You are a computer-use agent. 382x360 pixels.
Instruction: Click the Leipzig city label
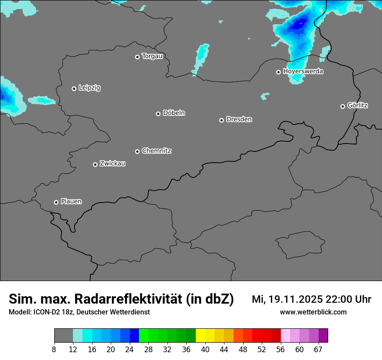[x=89, y=88]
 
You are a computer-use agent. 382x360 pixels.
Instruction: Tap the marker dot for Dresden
[x=221, y=120]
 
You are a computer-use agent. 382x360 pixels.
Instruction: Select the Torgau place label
[x=152, y=56]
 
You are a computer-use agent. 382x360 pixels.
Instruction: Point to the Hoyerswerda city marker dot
[x=279, y=72]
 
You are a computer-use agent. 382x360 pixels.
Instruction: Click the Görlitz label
[x=358, y=105]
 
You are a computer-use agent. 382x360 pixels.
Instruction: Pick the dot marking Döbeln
[x=158, y=114]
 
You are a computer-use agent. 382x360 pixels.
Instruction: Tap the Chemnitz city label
[x=157, y=151]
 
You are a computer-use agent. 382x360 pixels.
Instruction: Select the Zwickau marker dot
[x=95, y=164]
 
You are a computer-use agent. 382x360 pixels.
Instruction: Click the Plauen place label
[x=71, y=201]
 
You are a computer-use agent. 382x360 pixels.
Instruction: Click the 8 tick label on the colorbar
[x=54, y=350]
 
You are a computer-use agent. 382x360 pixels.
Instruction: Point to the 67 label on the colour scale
[x=318, y=350]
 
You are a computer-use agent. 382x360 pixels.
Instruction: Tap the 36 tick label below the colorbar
[x=186, y=350]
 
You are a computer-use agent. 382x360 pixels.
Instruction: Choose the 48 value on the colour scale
[x=243, y=350]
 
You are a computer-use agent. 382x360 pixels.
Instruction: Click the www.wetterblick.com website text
[x=313, y=312]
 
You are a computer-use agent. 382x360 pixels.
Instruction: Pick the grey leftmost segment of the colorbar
[x=63, y=336]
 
